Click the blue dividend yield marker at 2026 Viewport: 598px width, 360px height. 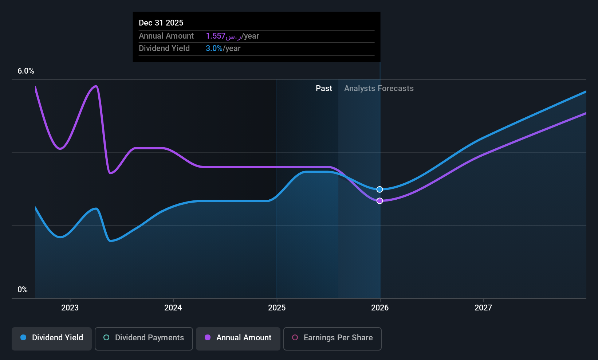point(379,189)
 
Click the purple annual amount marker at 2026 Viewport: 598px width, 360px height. point(379,200)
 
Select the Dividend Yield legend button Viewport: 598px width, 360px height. point(51,339)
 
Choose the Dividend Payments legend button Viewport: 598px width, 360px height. point(143,339)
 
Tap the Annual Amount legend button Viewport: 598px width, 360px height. point(238,339)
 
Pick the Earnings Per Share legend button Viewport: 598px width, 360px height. point(333,339)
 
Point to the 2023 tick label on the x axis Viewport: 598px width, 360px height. point(70,308)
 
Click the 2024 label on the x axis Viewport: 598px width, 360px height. point(173,308)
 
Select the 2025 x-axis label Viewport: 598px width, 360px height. point(277,308)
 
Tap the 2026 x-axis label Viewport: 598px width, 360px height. point(380,308)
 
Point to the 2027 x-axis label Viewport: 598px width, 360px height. point(483,308)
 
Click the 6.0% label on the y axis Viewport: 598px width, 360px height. point(26,71)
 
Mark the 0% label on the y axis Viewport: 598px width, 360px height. point(23,290)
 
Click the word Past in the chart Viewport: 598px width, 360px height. point(324,89)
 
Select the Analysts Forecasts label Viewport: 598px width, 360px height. point(379,89)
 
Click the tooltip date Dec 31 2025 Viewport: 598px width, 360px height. point(161,23)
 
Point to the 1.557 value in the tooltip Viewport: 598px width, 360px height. point(216,36)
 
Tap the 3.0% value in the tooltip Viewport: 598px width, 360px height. point(214,48)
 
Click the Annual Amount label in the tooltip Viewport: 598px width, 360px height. point(166,36)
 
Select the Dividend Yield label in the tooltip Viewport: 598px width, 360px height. point(164,48)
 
